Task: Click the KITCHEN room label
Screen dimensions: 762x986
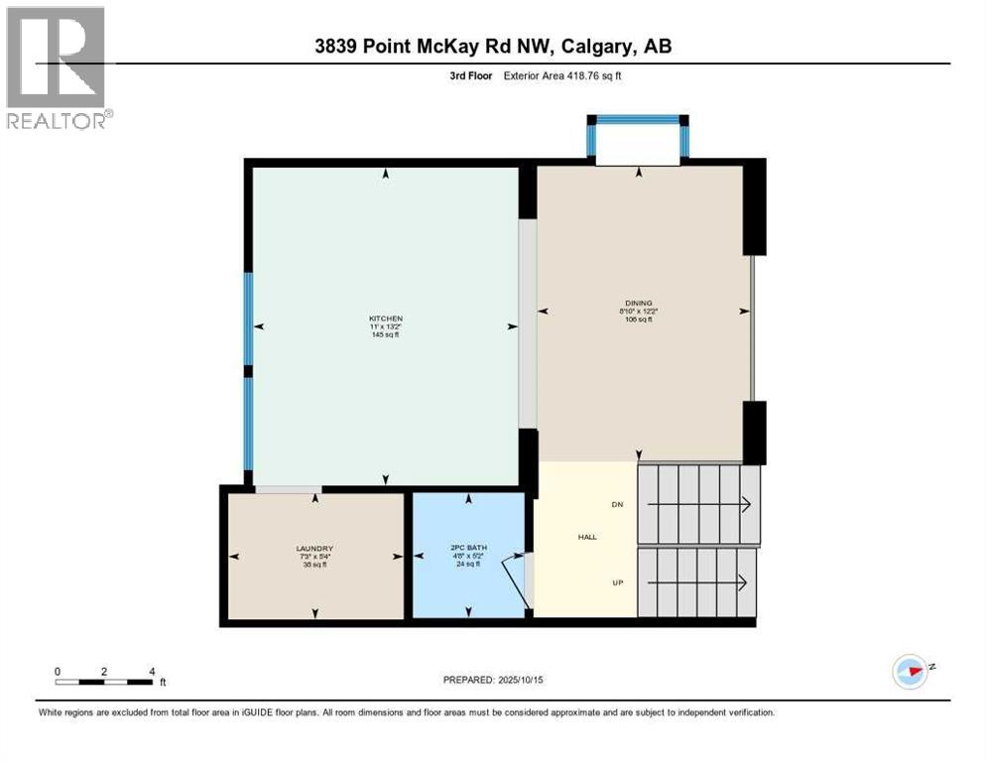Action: (386, 317)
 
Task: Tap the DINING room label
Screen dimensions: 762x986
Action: (639, 303)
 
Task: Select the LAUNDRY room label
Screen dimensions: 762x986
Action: (313, 549)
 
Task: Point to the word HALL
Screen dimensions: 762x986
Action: (587, 537)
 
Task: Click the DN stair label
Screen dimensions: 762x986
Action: (618, 505)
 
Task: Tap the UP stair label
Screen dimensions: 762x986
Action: (618, 582)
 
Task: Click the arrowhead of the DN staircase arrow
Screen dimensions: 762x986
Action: (746, 505)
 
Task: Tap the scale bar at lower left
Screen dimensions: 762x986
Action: (104, 682)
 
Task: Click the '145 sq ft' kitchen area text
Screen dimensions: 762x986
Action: (386, 334)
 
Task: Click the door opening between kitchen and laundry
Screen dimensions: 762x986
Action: (288, 488)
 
